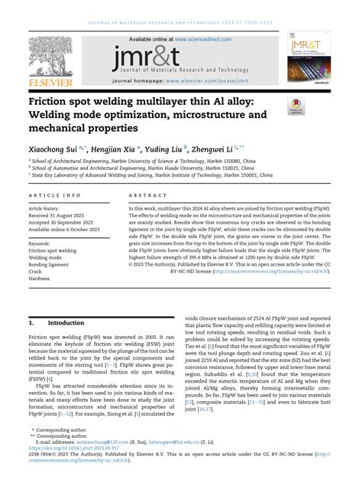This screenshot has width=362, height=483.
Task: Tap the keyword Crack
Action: pos(37,271)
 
